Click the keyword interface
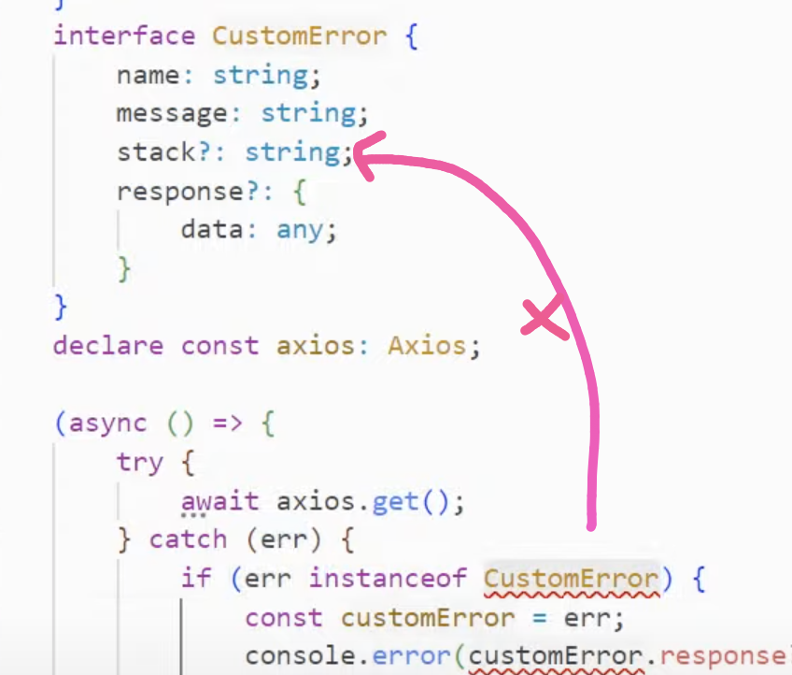coord(124,36)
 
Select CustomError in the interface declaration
coord(299,36)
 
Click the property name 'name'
coord(148,75)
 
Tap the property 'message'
coord(172,113)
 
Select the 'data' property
coord(212,229)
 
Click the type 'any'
coord(300,229)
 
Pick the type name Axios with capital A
coord(427,345)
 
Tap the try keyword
coord(140,462)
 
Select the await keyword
coord(219,500)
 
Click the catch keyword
coord(188,539)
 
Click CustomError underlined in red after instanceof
coord(572,578)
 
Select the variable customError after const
coord(427,617)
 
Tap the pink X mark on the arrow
coord(545,319)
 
